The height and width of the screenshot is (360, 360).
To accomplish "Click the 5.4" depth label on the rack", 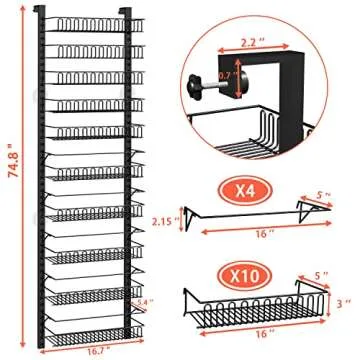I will (146, 303).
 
